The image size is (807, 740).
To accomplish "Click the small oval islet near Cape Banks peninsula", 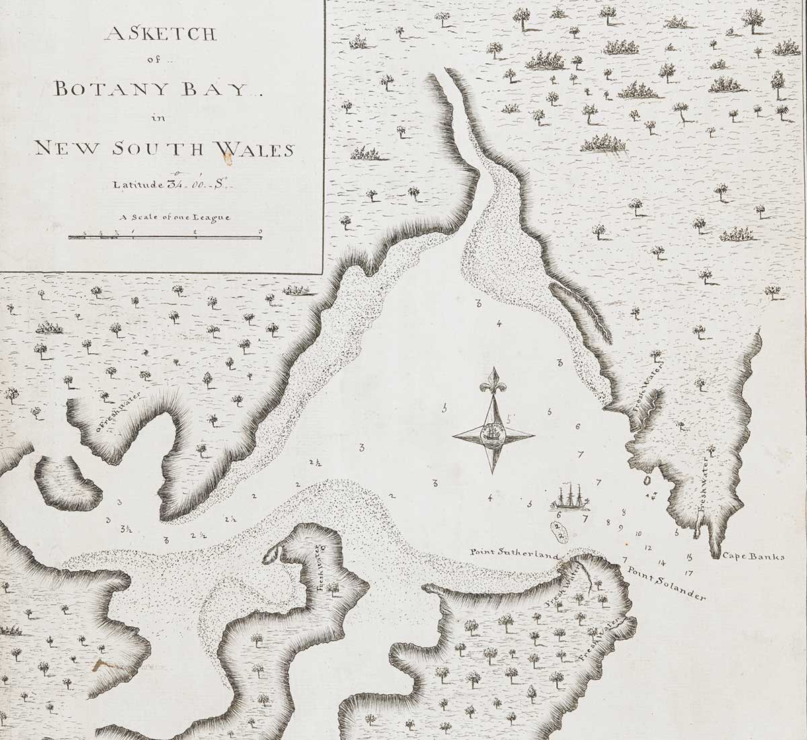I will tap(647, 480).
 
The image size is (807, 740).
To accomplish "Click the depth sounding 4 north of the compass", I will tap(498, 324).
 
